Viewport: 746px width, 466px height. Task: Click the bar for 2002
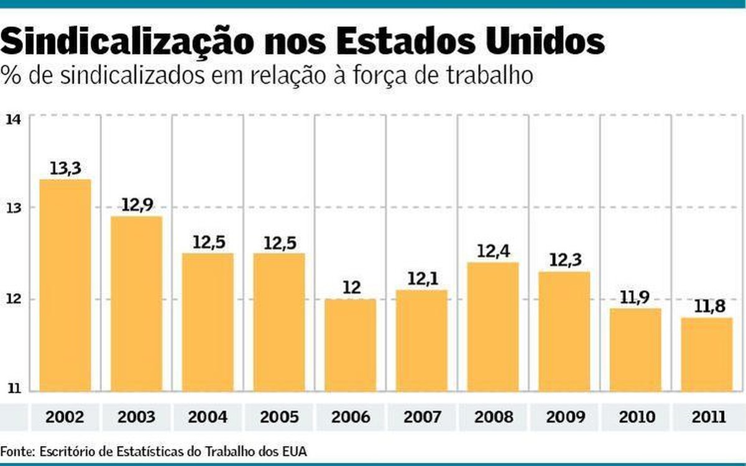point(65,286)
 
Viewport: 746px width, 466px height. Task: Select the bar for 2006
point(350,345)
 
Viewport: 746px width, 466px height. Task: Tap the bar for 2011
point(706,354)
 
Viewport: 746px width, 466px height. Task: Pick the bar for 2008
point(493,326)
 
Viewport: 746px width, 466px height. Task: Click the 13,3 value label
point(65,168)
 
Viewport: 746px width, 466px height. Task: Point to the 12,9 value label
point(137,205)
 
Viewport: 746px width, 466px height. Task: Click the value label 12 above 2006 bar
point(350,288)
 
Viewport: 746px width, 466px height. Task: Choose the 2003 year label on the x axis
point(137,416)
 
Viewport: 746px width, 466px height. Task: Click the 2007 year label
point(421,416)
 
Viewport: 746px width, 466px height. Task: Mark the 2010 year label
point(635,416)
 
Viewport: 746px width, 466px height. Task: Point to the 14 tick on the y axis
point(13,119)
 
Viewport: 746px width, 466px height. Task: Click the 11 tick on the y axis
point(13,390)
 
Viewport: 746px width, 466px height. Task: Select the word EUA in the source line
point(293,450)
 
